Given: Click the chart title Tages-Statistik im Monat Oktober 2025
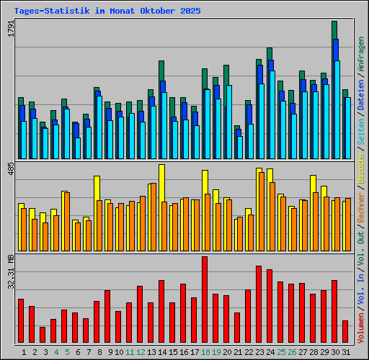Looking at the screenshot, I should coord(107,12).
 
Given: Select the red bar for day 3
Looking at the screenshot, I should coord(43,335).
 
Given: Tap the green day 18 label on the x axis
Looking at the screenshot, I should coord(205,352).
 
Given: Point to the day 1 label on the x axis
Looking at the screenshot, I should coord(24,352).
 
